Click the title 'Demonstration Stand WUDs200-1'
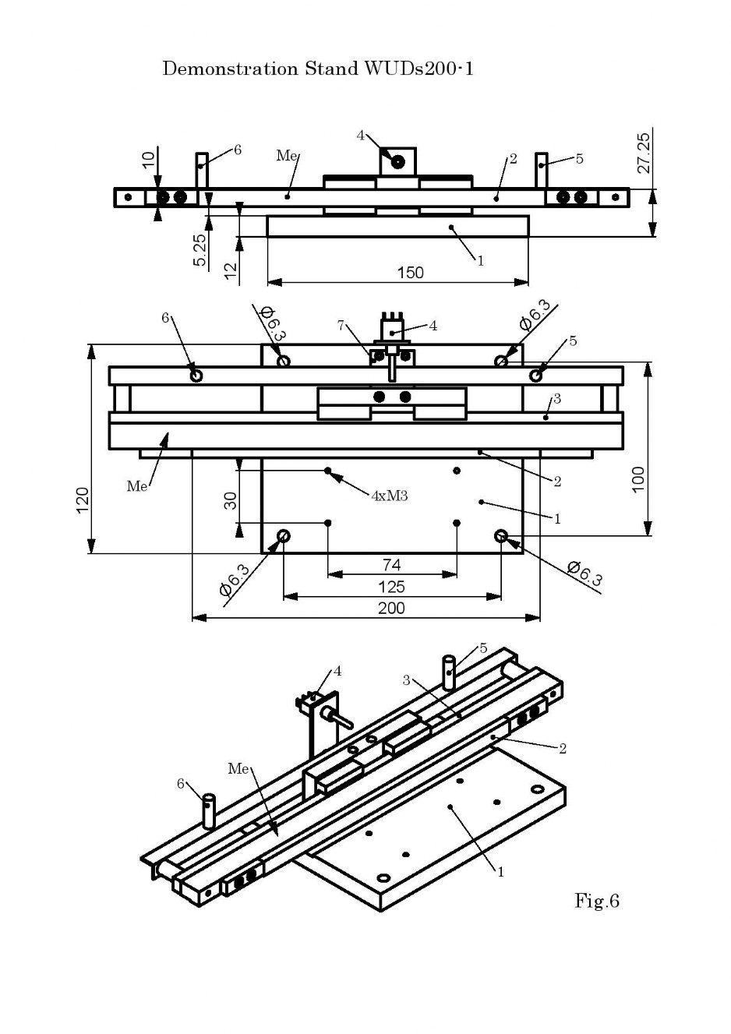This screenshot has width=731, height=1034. [x=318, y=69]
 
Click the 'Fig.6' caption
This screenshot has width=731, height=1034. [x=596, y=901]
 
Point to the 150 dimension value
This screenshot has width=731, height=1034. [x=410, y=273]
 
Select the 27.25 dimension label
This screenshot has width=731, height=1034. [x=643, y=153]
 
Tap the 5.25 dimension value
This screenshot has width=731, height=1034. [x=200, y=250]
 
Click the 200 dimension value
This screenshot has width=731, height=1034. [x=391, y=608]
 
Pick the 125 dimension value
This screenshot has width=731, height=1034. [x=391, y=587]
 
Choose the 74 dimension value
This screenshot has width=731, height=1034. [x=391, y=565]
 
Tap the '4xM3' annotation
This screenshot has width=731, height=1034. [x=389, y=496]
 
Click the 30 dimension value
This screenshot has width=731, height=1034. [x=231, y=500]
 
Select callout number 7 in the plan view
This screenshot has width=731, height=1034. [x=341, y=325]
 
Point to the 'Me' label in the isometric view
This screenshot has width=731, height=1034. [x=238, y=769]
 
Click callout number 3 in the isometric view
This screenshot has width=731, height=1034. [x=406, y=680]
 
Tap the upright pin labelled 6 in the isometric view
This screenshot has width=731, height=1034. [x=208, y=811]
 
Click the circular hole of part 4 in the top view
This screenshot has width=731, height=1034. [x=397, y=162]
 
